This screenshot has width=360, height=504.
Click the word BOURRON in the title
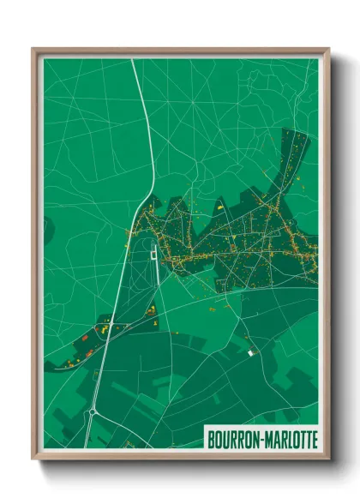[233, 440]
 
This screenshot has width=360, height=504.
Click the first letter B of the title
[211, 440]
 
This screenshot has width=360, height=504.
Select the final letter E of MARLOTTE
[314, 440]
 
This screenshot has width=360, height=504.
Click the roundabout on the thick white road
[92, 411]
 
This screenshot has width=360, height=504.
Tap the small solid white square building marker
[251, 352]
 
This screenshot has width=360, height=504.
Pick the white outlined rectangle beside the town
[153, 252]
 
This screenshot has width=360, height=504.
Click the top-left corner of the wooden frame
[33, 49]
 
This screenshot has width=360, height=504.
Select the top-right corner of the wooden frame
[329, 49]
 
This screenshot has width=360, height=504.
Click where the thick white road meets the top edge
[133, 59]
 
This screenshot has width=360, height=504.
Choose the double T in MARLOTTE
[303, 440]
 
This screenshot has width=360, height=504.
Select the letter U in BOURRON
[225, 440]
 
